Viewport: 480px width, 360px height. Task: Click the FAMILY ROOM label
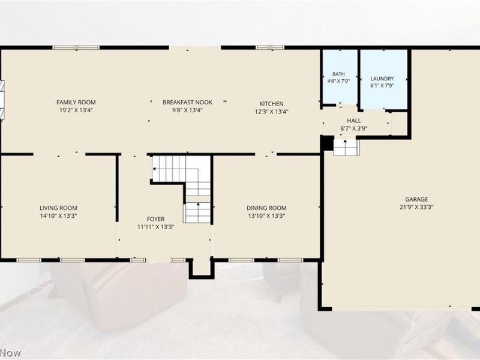click(x=76, y=102)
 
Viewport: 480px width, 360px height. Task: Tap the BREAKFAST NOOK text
click(x=187, y=102)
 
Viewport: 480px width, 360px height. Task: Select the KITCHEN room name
click(x=272, y=104)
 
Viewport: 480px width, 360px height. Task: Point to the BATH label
click(x=338, y=74)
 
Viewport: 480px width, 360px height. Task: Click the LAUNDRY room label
click(x=382, y=79)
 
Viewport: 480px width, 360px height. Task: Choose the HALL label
click(x=354, y=121)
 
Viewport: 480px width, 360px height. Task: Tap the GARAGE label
click(x=416, y=199)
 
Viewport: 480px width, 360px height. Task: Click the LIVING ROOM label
click(x=58, y=208)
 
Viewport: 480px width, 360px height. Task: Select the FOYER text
click(x=155, y=219)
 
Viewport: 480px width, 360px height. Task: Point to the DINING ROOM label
click(x=266, y=208)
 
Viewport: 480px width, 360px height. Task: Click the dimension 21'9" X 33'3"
click(x=416, y=207)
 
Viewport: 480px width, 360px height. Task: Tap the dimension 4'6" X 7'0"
click(x=338, y=81)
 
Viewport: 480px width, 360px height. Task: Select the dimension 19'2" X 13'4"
click(x=76, y=110)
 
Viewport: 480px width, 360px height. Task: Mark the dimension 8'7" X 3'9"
click(x=354, y=128)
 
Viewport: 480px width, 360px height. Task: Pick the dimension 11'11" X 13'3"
click(x=155, y=227)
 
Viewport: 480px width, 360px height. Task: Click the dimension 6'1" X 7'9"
click(x=382, y=86)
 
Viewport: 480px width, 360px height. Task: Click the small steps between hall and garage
click(x=346, y=147)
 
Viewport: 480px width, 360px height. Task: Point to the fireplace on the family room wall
click(x=2, y=100)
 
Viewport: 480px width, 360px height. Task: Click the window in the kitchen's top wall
click(x=270, y=47)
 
